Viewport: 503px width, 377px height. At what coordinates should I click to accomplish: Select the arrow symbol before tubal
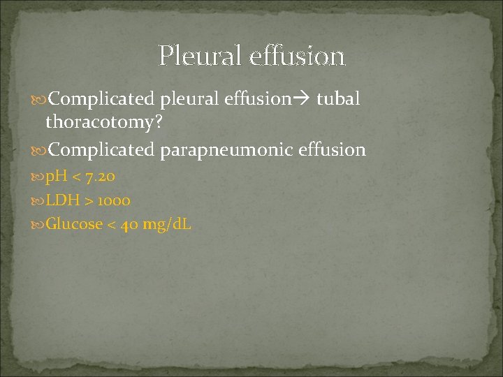303,99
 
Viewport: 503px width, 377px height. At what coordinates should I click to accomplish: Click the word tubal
338,98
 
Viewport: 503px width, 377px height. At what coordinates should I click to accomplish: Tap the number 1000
114,201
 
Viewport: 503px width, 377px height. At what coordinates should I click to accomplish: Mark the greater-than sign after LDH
89,201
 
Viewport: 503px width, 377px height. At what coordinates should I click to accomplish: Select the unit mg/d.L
168,226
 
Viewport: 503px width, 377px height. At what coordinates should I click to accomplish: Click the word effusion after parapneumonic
333,149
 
